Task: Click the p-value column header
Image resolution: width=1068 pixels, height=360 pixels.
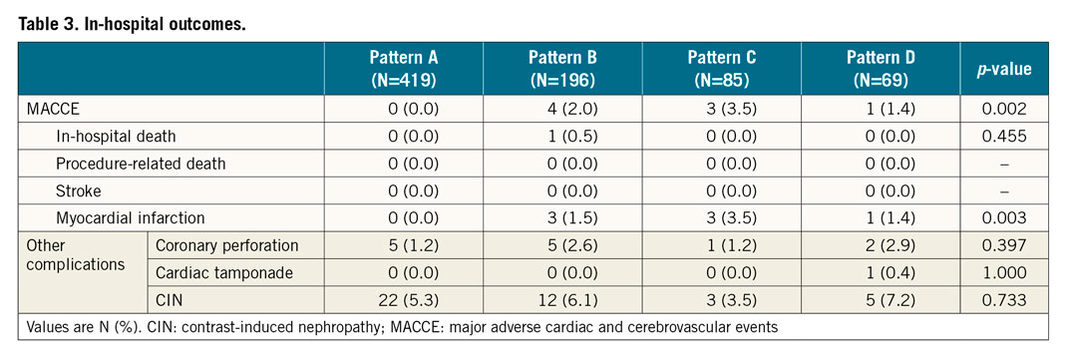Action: (x=1004, y=69)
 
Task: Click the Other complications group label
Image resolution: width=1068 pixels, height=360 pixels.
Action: (x=71, y=254)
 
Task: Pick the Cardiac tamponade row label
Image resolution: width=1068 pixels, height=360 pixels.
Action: (x=216, y=272)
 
